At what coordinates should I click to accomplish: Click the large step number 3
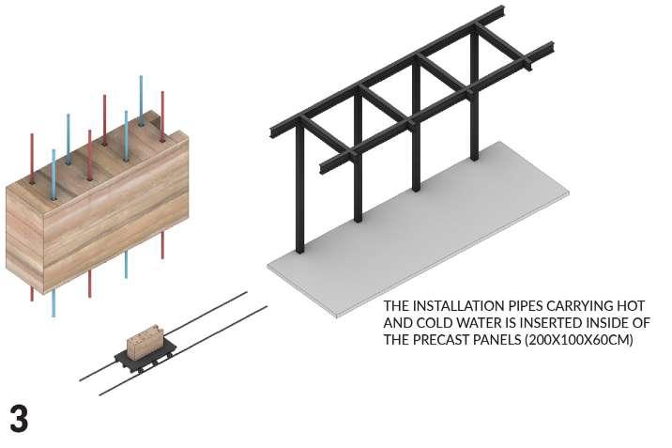point(19,417)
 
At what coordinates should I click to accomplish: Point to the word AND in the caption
point(397,323)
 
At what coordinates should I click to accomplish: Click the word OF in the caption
point(642,323)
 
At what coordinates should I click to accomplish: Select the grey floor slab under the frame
point(441,235)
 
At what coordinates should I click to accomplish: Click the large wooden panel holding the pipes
point(94,221)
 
